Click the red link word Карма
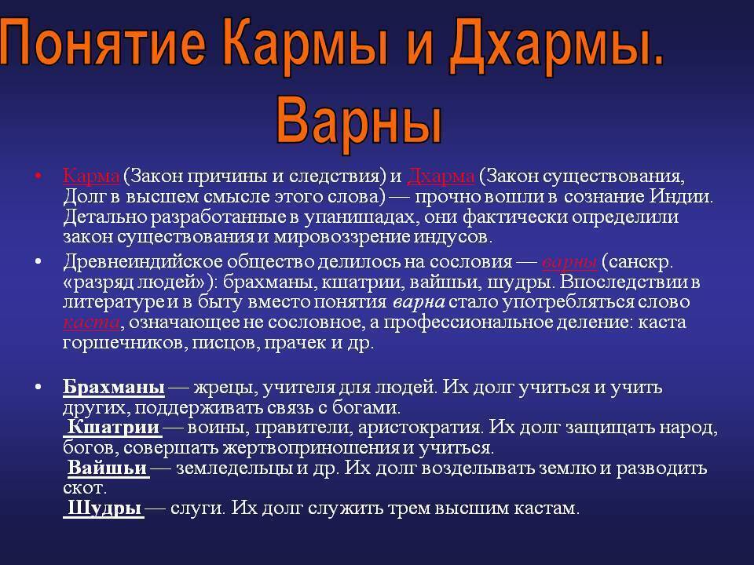(x=90, y=175)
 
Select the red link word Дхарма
(x=441, y=175)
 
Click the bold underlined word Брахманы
(x=113, y=388)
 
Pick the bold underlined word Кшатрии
(x=114, y=428)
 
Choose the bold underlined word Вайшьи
(x=108, y=468)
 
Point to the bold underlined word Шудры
(x=104, y=508)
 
